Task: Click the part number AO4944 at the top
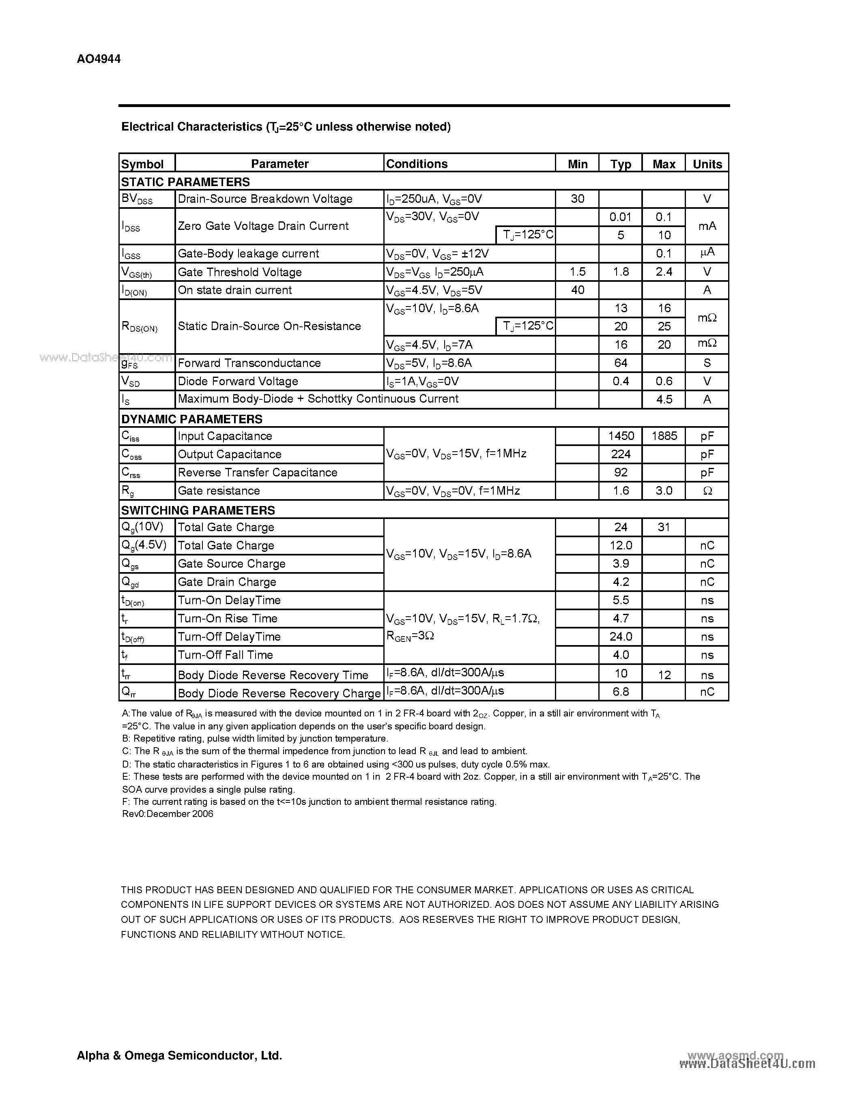point(99,59)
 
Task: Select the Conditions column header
point(417,164)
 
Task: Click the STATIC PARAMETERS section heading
point(185,182)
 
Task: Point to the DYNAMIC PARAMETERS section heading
point(191,419)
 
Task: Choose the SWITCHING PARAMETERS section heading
point(198,510)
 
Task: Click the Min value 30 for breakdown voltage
point(577,199)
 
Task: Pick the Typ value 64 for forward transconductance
point(621,363)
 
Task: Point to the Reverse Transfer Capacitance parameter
point(257,473)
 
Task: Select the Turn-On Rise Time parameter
point(227,619)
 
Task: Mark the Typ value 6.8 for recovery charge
point(621,692)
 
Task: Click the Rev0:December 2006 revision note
point(168,814)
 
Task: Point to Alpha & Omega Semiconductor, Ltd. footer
point(179,1055)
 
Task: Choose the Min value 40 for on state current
point(577,290)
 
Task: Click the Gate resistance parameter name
point(219,491)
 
